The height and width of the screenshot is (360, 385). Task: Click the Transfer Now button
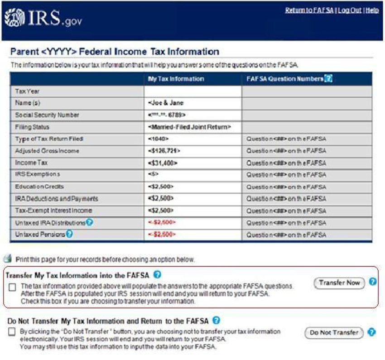click(x=339, y=283)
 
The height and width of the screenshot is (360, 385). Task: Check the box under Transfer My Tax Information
click(x=12, y=287)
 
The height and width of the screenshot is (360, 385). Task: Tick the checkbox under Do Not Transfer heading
click(x=12, y=332)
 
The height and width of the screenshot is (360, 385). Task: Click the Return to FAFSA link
click(x=309, y=10)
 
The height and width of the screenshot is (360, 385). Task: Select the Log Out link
click(x=349, y=10)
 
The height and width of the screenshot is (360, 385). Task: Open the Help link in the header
click(x=372, y=10)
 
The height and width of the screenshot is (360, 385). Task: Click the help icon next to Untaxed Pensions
click(x=69, y=234)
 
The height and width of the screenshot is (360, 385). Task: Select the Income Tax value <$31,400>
click(x=163, y=163)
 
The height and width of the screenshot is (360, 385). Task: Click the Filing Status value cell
click(x=189, y=127)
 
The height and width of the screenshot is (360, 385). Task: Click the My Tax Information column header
click(x=176, y=79)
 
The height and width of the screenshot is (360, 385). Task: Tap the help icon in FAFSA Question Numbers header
click(x=329, y=79)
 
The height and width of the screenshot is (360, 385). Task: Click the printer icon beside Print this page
click(x=7, y=259)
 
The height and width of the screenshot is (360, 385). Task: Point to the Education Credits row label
click(x=39, y=187)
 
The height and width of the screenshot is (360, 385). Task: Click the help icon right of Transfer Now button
click(x=373, y=282)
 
